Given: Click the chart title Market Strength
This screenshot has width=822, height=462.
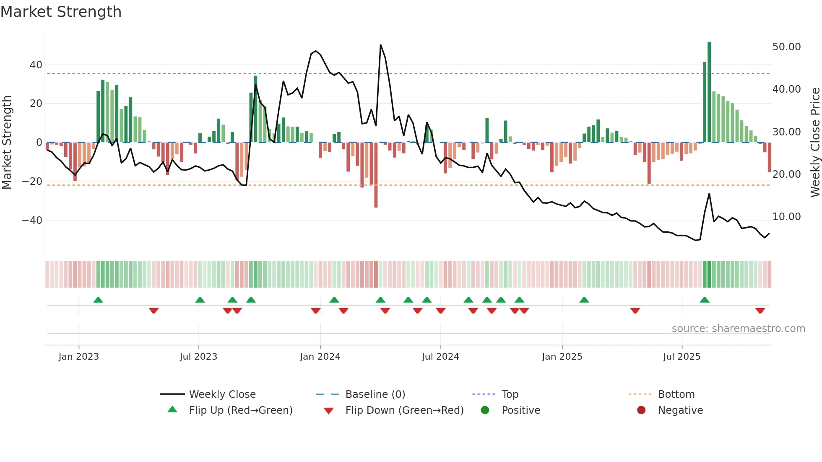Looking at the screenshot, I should point(61,12).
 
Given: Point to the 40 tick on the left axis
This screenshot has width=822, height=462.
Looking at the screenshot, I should point(36,65).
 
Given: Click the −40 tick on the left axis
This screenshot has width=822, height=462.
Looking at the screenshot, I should point(32,221).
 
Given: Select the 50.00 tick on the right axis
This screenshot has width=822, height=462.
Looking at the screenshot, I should point(786,47).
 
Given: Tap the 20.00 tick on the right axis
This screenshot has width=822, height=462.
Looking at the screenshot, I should point(786,174).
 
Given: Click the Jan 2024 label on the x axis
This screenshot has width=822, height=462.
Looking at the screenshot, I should point(320,357).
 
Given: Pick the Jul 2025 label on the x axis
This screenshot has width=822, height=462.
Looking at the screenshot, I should point(682,357).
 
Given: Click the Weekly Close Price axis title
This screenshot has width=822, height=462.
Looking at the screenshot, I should point(815,142).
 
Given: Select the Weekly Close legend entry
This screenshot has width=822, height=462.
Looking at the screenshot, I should point(222,395).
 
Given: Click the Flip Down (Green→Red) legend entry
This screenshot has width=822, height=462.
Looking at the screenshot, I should point(404,410).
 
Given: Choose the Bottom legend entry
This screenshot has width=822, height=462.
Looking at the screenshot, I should point(676,395).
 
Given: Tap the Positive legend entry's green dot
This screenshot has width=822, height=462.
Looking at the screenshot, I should point(485,410).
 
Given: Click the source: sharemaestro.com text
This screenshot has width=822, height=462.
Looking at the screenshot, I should point(738,329).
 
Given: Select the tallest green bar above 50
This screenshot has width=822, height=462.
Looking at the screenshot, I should point(709,92).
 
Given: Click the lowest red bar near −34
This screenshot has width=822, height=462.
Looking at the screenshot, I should point(376,176).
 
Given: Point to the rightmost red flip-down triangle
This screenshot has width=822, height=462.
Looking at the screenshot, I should point(760,311).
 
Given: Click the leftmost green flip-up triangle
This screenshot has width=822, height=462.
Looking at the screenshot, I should point(98,300).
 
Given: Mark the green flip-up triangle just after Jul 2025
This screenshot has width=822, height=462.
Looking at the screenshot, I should point(705,300).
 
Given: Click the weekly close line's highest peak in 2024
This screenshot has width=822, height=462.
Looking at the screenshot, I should point(380,45).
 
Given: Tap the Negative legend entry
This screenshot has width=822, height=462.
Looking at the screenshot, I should point(680,410).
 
